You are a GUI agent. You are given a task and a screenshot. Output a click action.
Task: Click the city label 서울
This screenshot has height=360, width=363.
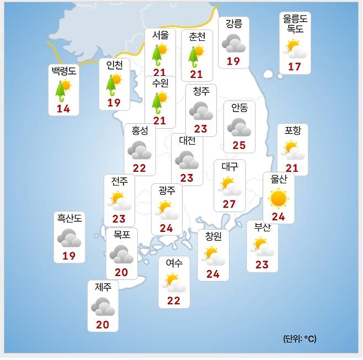(x=160, y=35)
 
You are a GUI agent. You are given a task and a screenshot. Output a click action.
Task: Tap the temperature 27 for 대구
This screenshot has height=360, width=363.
(x=229, y=204)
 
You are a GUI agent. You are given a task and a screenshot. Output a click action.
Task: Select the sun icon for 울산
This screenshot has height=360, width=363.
(x=278, y=198)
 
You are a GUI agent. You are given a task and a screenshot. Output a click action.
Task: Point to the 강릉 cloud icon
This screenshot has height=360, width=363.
(x=233, y=43)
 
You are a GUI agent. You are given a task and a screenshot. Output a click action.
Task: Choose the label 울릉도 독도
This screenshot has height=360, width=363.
(x=295, y=24)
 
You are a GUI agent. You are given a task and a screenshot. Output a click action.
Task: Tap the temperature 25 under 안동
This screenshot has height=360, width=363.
(x=239, y=145)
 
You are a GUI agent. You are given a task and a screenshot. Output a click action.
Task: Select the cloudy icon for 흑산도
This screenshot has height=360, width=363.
(x=70, y=237)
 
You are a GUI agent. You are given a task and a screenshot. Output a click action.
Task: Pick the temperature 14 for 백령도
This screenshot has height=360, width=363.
(x=63, y=109)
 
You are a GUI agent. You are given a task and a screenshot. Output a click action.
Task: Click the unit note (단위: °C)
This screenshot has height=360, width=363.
(x=300, y=338)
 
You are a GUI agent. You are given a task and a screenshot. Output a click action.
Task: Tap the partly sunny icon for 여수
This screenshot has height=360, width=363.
(x=174, y=282)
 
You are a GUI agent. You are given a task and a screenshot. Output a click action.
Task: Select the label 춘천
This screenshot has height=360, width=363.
(x=196, y=36)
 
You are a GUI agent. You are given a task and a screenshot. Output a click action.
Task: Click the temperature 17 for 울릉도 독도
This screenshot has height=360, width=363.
(x=295, y=67)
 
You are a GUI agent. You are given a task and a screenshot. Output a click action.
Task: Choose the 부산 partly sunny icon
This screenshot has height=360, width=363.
(x=262, y=246)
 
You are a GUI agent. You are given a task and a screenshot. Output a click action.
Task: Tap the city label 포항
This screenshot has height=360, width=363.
(x=292, y=131)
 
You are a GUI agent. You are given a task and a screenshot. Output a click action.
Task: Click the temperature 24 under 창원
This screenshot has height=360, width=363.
(x=213, y=274)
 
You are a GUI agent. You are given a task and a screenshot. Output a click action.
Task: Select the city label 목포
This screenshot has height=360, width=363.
(x=121, y=235)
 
